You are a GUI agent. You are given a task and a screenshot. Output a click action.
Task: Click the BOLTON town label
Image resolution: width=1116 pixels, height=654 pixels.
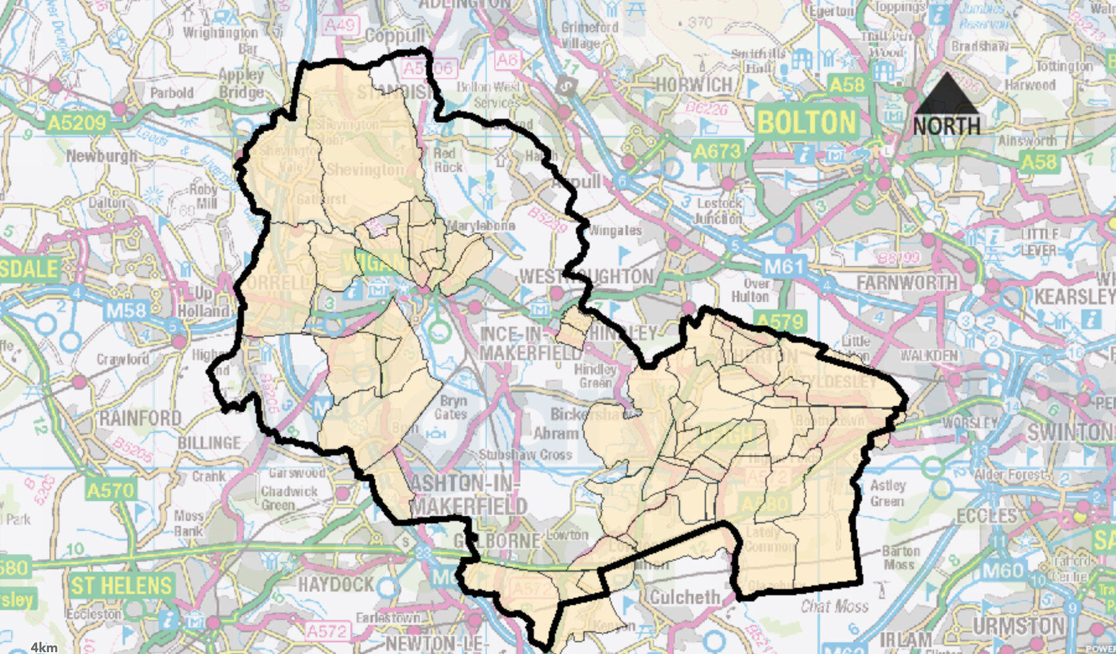[806, 123]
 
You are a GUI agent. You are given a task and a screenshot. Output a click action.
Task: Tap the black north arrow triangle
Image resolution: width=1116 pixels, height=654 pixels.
[947, 94]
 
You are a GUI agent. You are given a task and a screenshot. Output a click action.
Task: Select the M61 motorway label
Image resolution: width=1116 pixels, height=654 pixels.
[783, 267]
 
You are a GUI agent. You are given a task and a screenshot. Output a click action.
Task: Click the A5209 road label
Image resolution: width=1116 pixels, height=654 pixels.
[77, 123]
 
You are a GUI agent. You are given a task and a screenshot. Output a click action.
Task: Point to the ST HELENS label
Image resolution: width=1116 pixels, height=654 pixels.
[121, 585]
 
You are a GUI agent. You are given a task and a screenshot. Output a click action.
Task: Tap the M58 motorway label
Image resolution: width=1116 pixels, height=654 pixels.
[126, 310]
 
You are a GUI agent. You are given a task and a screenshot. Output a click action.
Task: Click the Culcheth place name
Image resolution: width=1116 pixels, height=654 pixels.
[684, 597]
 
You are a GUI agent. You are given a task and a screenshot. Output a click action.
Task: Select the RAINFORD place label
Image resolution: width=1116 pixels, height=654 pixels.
[141, 418]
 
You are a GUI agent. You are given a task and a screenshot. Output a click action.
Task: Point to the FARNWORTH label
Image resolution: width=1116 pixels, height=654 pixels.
[907, 283]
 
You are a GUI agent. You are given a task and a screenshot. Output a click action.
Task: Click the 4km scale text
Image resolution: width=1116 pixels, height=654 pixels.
[44, 647]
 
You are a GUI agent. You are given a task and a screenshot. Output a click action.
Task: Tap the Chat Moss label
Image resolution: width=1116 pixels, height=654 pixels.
[834, 606]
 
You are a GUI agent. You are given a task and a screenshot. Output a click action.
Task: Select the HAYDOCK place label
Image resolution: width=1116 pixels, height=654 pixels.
[336, 584]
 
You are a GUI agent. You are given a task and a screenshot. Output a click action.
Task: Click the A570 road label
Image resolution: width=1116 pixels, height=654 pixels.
[110, 491]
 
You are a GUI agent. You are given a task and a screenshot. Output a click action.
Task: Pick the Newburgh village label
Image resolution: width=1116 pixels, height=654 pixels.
[102, 156]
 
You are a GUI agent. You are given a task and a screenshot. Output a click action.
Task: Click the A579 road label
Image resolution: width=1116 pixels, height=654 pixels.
[780, 321]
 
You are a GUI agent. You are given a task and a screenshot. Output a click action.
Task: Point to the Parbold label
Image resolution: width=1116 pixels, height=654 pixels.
[172, 93]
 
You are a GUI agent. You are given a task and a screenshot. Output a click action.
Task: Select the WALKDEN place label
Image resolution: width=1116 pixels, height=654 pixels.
[929, 356]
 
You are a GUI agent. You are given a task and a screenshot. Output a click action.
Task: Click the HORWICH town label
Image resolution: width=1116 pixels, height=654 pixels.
[694, 85]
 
